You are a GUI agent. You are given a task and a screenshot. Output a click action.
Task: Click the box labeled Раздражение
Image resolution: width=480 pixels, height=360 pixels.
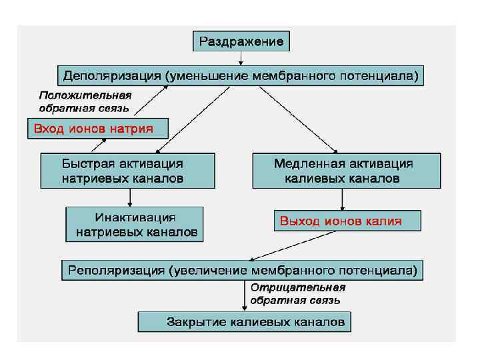click(241, 41)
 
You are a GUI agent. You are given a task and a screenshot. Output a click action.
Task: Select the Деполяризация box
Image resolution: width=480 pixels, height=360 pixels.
click(241, 75)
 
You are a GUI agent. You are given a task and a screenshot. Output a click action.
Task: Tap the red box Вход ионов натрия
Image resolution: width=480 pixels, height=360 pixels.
click(96, 128)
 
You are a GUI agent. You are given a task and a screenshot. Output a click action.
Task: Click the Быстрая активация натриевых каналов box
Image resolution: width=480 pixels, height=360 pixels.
click(128, 171)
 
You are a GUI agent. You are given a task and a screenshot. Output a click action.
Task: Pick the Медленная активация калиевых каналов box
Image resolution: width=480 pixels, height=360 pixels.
click(346, 171)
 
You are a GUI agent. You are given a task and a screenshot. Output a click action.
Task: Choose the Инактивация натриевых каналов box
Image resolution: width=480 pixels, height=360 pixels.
click(135, 224)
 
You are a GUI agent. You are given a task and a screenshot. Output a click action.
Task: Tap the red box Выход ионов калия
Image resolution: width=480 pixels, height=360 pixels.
click(347, 221)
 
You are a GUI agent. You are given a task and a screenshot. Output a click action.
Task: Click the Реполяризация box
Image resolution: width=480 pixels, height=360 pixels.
click(242, 270)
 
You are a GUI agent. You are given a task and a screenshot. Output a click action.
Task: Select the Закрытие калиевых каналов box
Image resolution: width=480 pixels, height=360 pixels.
click(244, 323)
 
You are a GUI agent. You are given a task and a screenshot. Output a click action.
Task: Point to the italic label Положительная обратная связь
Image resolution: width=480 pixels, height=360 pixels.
click(85, 101)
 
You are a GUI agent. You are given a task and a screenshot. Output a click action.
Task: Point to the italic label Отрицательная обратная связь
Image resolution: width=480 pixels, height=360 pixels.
click(297, 293)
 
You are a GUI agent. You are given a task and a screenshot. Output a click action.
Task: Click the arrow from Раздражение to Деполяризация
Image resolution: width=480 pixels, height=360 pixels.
click(241, 58)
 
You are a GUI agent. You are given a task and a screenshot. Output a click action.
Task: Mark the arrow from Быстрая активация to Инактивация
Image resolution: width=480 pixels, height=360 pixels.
click(129, 197)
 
